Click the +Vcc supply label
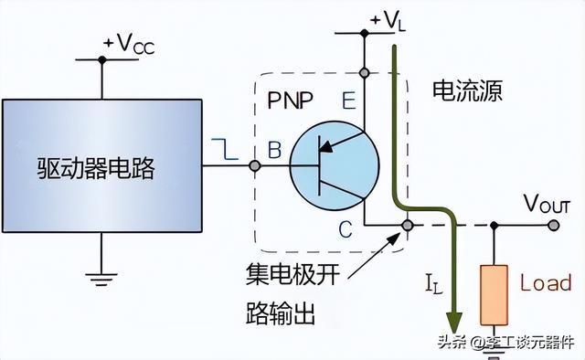[x=129, y=45]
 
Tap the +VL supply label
[x=388, y=20]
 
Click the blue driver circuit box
[x=102, y=165]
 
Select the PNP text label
[x=291, y=100]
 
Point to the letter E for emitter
[x=349, y=100]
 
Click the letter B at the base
[x=274, y=150]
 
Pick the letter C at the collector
[x=346, y=229]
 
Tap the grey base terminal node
[x=255, y=165]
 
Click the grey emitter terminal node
[x=364, y=73]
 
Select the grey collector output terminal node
[x=408, y=225]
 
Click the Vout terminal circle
[x=554, y=225]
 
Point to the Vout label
[x=548, y=204]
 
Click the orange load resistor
[x=494, y=295]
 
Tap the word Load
[x=546, y=282]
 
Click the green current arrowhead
[x=454, y=323]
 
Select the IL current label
[x=434, y=283]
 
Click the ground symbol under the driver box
[x=101, y=279]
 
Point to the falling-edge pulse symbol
[x=225, y=149]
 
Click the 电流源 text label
[x=467, y=90]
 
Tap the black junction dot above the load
[x=494, y=225]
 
